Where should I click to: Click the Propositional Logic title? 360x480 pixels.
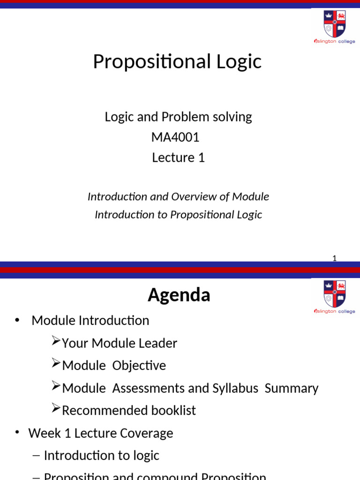177,61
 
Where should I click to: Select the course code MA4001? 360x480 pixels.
175,137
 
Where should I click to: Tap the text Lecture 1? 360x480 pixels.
178,157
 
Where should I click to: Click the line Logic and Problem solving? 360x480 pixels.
178,117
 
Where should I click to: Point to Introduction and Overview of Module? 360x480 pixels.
178,196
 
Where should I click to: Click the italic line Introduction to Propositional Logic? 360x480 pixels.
178,214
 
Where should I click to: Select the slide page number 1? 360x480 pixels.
334,258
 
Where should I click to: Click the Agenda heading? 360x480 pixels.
179,295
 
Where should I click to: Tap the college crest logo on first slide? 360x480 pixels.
334,23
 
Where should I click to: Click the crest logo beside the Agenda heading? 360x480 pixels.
334,294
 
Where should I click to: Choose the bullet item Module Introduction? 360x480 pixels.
90,321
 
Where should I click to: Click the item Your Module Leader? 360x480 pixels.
119,343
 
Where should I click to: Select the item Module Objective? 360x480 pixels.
114,366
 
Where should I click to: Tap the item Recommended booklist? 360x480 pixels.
128,411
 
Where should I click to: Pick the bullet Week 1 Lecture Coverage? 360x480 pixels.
100,433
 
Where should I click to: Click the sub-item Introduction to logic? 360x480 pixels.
101,456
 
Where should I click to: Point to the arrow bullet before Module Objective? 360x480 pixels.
56,363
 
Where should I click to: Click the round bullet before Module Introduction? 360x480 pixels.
17,320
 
